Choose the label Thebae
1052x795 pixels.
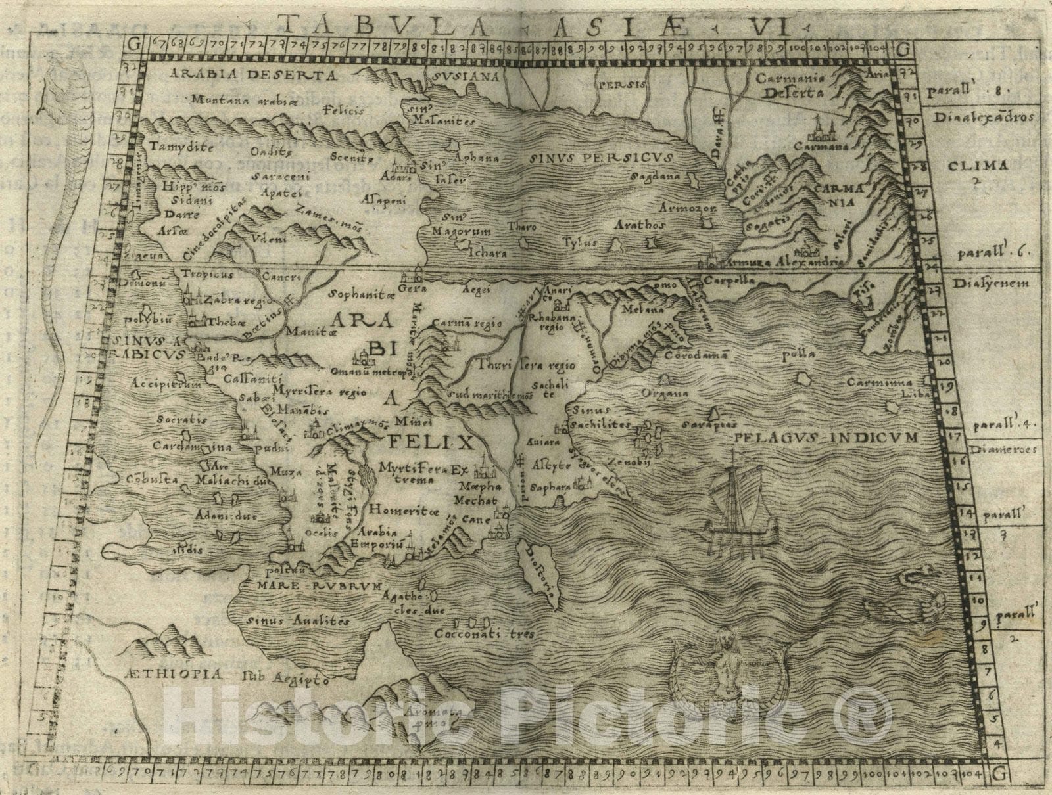220,323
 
